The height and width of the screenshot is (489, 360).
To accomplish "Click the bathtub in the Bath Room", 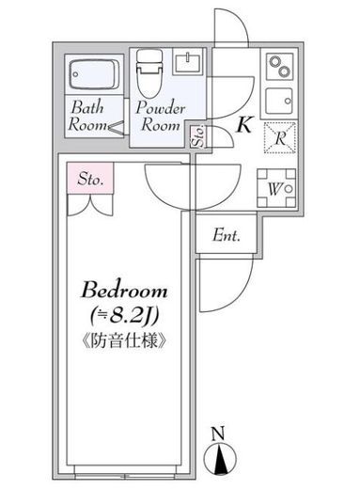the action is (93, 74).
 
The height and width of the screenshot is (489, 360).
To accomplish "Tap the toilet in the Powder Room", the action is (149, 73).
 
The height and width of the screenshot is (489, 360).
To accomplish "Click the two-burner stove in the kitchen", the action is (279, 67).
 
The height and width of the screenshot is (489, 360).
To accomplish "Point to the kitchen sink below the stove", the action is (279, 101).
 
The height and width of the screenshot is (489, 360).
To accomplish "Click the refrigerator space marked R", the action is (280, 137).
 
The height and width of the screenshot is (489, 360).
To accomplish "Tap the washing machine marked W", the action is (276, 188).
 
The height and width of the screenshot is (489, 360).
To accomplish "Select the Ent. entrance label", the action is (227, 235).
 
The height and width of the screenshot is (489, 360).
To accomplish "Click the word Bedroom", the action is (124, 290).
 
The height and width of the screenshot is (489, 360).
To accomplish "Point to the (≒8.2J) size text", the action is (124, 316).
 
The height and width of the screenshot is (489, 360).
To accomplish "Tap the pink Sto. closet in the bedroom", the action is (90, 179).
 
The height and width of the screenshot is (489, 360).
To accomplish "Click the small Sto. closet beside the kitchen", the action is (199, 136).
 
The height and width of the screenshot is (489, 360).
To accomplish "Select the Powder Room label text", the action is (160, 117).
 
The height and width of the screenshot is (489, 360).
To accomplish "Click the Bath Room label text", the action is (86, 117).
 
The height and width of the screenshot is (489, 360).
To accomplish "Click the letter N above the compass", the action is (218, 434).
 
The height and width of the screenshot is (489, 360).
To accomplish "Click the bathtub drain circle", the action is (76, 74).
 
